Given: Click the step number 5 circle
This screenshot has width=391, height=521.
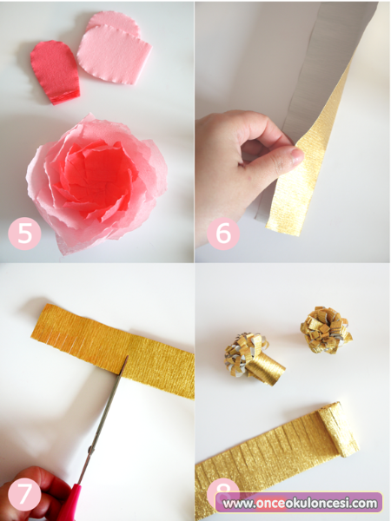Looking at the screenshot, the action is [24, 234].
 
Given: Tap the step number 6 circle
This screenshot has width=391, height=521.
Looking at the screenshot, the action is [222, 234].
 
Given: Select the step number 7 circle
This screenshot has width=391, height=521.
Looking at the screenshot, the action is [24, 495].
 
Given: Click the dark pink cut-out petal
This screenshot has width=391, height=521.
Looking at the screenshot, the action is [56, 72].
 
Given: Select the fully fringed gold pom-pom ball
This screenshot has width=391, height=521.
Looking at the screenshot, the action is [326, 329].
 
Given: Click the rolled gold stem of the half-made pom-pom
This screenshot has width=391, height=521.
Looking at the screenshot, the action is [266, 368].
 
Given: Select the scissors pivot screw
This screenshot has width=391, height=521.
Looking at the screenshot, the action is [90, 449].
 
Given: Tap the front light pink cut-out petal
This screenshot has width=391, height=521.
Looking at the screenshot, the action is [115, 55].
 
